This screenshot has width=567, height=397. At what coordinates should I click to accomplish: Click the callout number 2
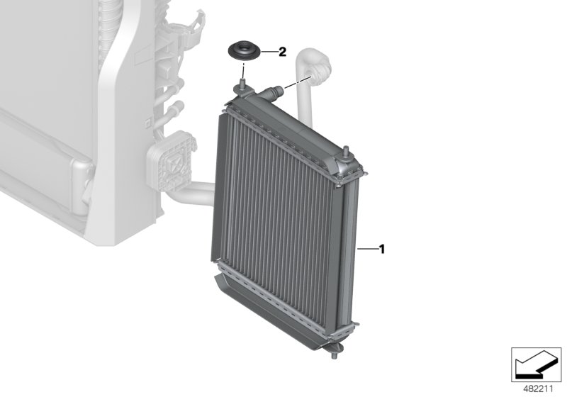(281, 51)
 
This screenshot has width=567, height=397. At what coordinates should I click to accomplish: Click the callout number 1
(381, 249)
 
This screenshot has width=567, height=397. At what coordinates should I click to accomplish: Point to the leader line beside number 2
(267, 52)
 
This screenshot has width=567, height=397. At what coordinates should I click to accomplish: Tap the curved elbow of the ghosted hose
(319, 68)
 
